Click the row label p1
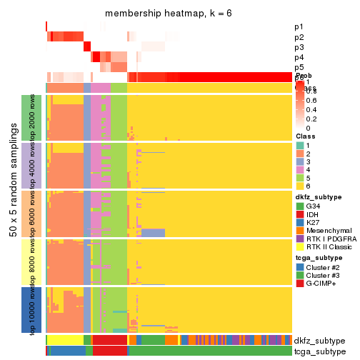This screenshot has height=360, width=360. pyautogui.click(x=299, y=27)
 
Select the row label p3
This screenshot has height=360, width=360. pyautogui.click(x=299, y=47)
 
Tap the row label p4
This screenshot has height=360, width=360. pyautogui.click(x=299, y=57)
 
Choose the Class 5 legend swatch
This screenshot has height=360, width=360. pyautogui.click(x=300, y=182)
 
